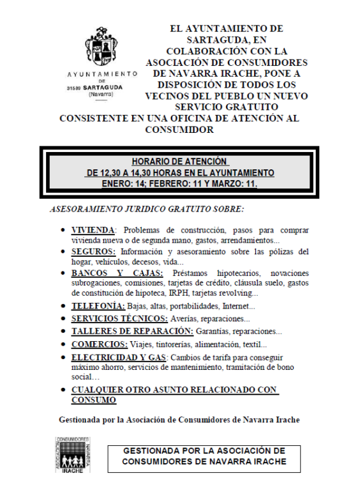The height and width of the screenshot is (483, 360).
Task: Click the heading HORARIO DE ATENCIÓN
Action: (x=179, y=162)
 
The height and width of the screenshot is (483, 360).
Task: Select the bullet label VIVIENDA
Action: (x=93, y=230)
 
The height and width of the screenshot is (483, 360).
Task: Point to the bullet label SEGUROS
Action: (x=93, y=252)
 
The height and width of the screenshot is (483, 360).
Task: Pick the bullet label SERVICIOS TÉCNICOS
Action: (x=119, y=318)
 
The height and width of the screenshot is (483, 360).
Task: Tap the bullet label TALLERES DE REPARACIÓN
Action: (x=131, y=331)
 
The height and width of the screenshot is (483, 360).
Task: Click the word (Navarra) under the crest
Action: (x=101, y=94)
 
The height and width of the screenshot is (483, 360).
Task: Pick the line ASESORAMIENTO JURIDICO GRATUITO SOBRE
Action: (x=146, y=209)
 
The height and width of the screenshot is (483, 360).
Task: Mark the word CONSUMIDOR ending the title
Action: (x=179, y=130)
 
